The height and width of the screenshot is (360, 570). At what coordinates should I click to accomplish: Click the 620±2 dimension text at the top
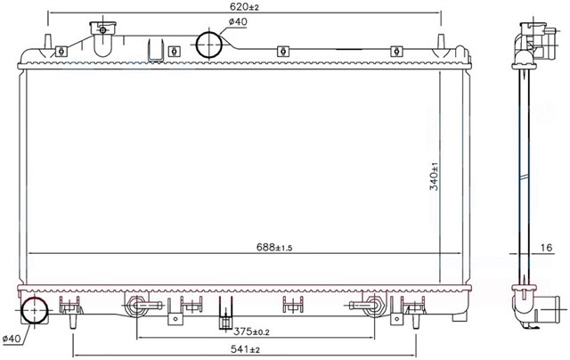point(244,8)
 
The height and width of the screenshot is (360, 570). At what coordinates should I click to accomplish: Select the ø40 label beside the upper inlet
point(238,21)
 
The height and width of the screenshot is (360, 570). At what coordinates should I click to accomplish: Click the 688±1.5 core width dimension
point(247,247)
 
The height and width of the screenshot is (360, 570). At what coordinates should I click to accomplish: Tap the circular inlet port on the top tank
point(209,45)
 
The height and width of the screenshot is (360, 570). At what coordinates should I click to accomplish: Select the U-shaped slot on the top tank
point(154,49)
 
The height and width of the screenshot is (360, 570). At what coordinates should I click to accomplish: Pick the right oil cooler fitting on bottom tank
point(369,307)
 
